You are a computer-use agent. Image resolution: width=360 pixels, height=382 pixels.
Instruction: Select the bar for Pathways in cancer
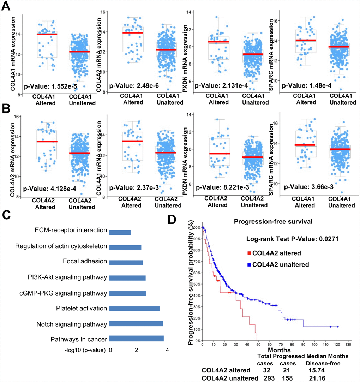click(x=136, y=339)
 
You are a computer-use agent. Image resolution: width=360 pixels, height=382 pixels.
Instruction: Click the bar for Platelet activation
click(x=134, y=309)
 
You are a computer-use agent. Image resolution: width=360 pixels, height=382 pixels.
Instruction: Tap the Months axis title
click(x=272, y=350)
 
